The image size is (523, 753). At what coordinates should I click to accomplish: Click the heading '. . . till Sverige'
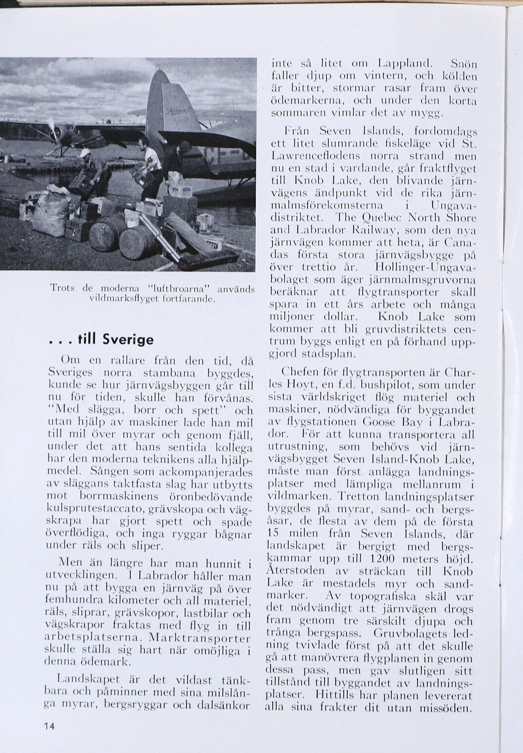click(x=102, y=340)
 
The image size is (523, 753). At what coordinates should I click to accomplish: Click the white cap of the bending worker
click(x=85, y=154)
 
